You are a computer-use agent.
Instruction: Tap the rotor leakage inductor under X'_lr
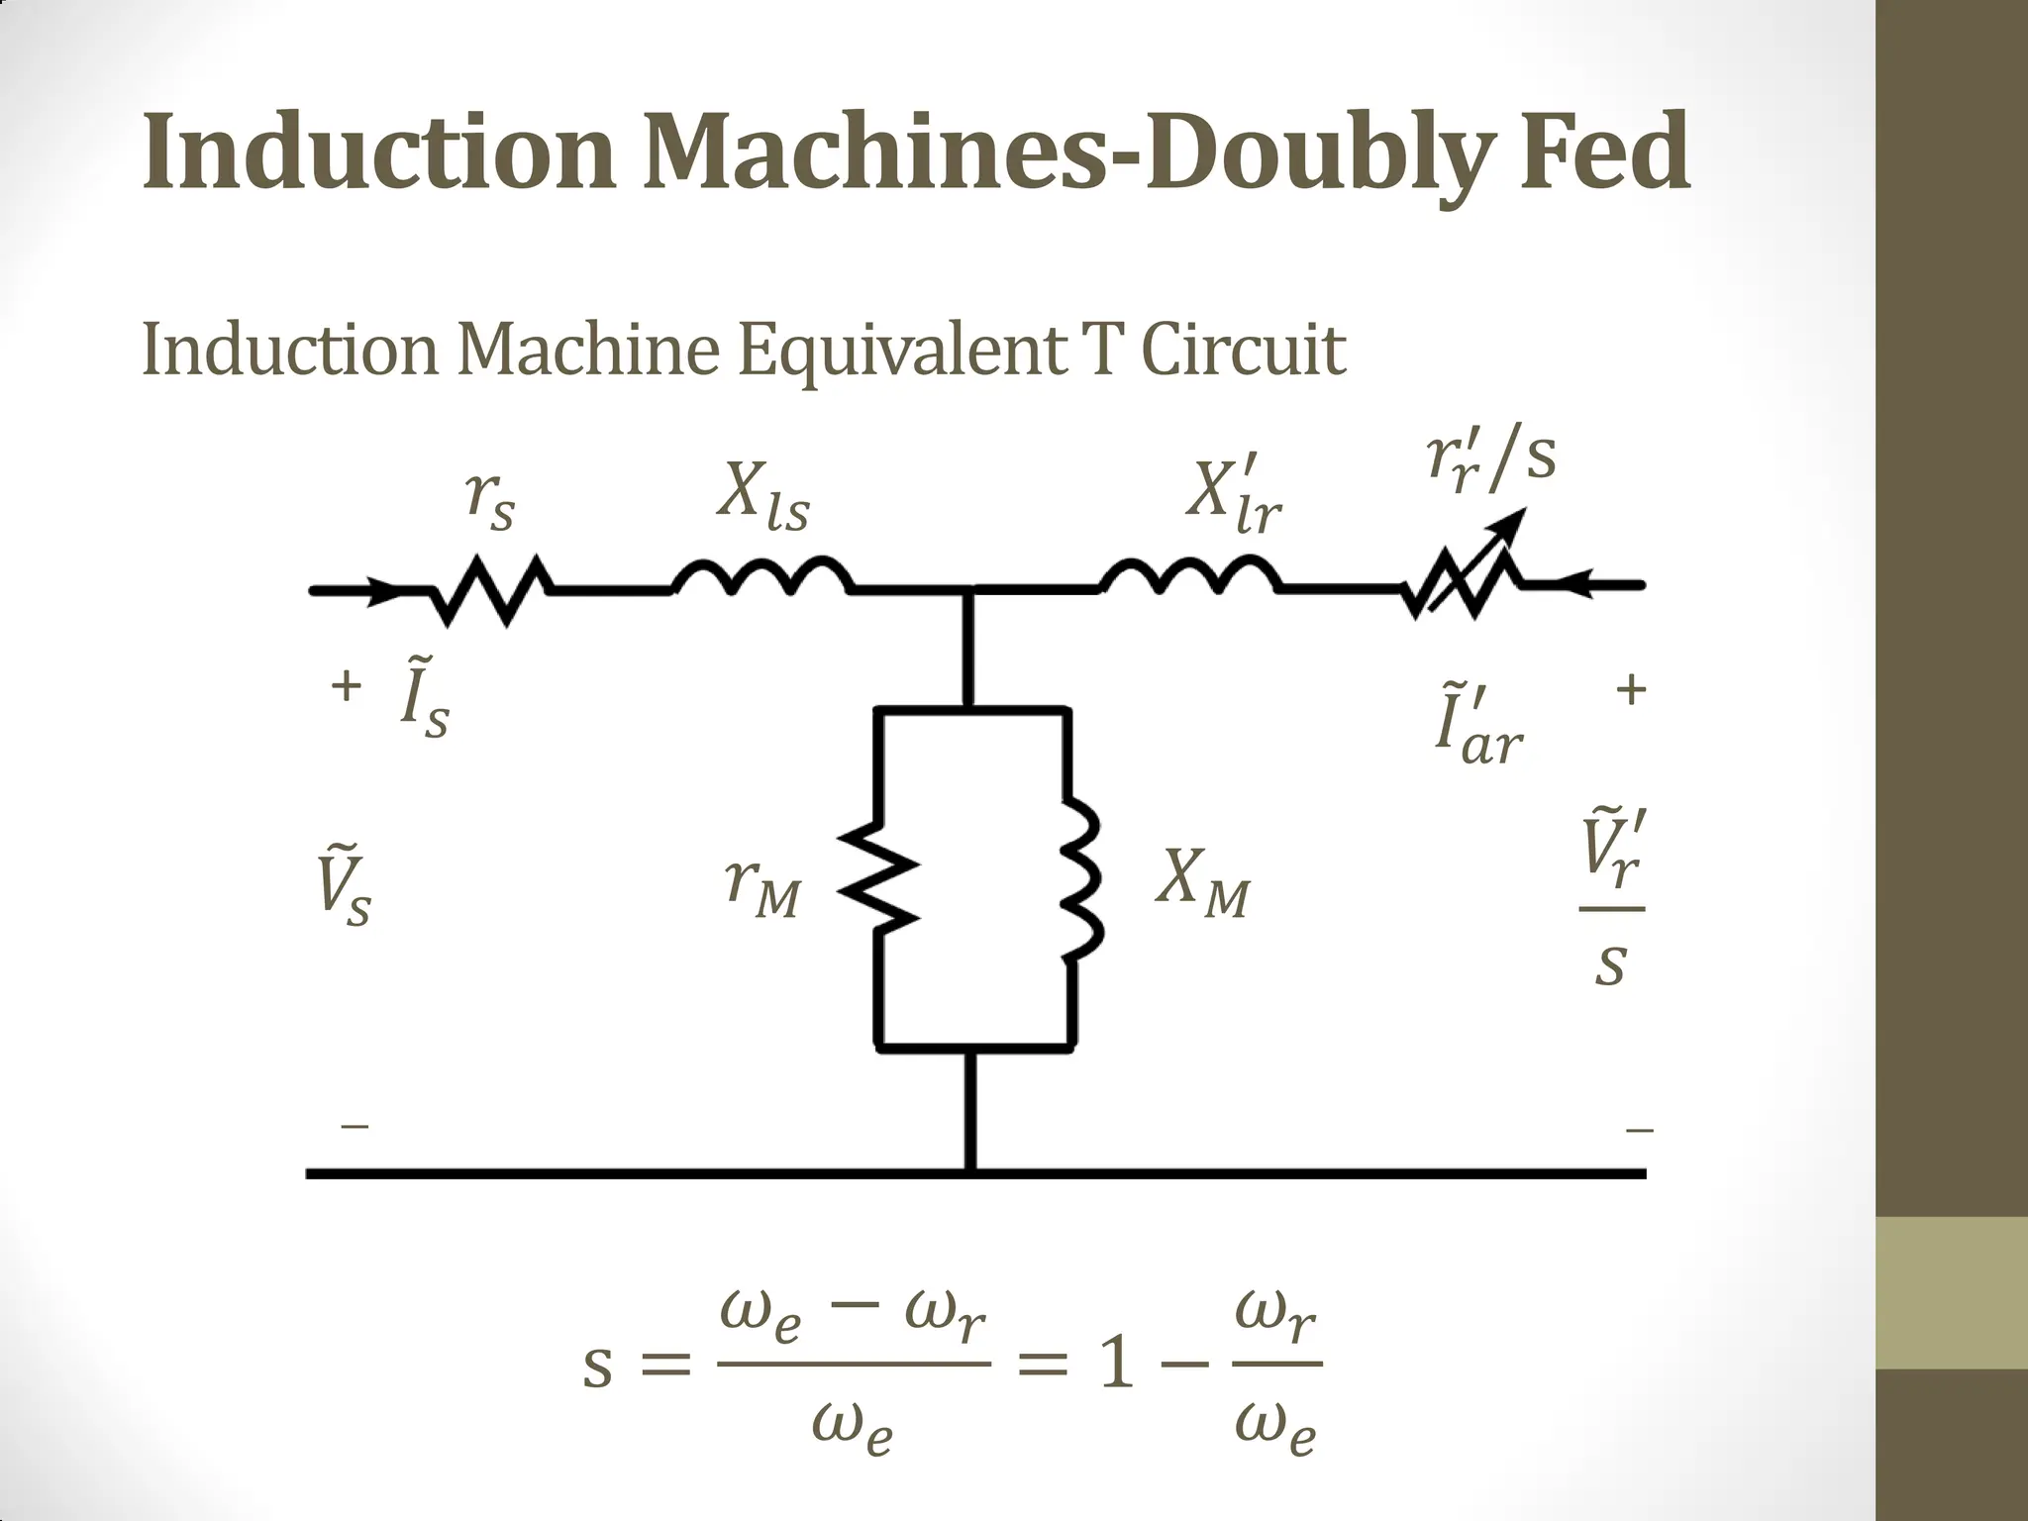coord(1190,578)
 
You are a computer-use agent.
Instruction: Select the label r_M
coord(760,884)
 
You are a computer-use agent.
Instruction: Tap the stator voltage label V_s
coord(343,884)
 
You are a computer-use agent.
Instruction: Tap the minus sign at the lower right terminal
coord(1639,1129)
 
